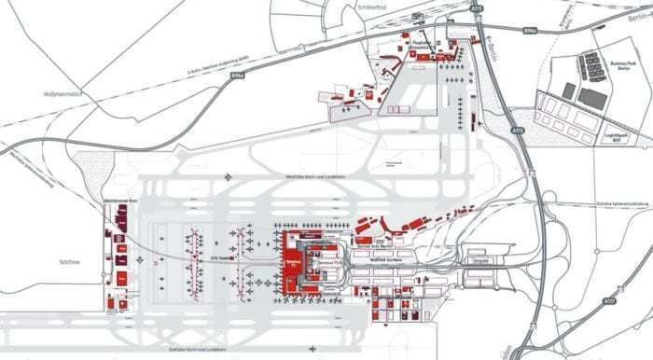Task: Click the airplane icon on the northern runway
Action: coord(228,176)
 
